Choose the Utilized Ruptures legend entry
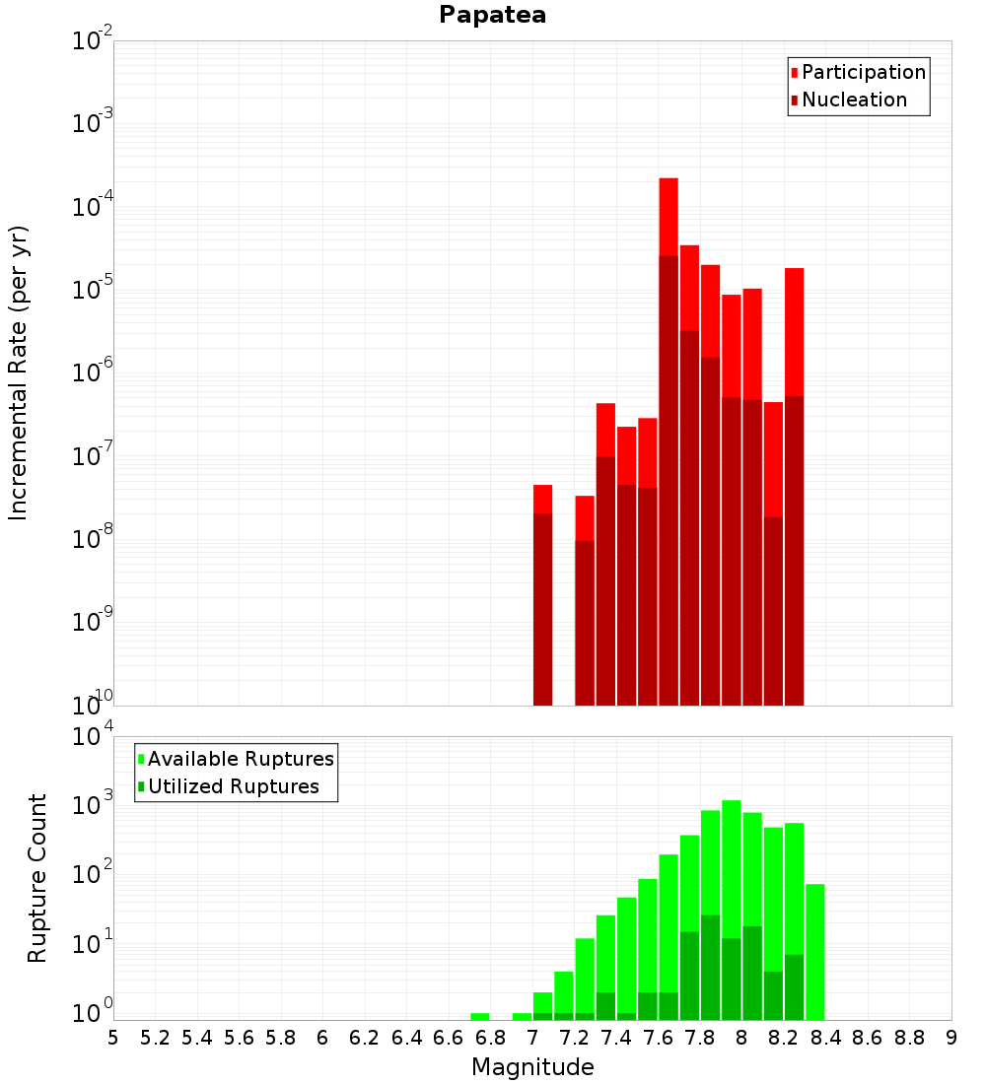(233, 786)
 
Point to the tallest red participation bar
(669, 217)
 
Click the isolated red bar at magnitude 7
(542, 499)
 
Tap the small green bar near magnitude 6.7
(480, 1016)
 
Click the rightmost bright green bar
(814, 946)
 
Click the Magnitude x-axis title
(532, 1067)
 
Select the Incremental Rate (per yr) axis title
(19, 373)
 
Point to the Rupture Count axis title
(37, 878)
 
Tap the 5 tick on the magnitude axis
(113, 1038)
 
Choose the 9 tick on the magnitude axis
(951, 1038)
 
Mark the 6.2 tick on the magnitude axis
(365, 1038)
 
